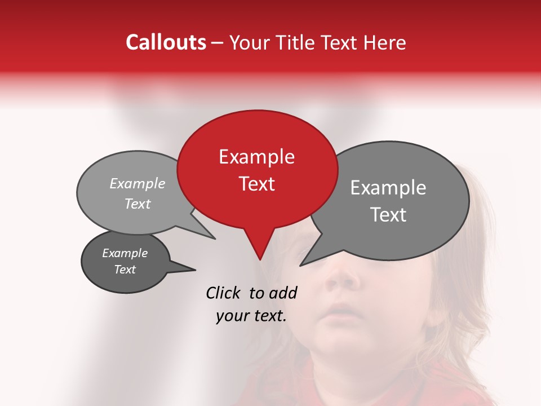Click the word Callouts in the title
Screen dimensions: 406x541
(166, 42)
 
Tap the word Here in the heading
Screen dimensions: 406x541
(385, 42)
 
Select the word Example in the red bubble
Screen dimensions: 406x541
(256, 157)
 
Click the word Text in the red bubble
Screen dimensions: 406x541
(256, 184)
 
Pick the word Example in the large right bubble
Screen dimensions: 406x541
(388, 188)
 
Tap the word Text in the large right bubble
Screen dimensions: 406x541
(388, 215)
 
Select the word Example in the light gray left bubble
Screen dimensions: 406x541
(137, 183)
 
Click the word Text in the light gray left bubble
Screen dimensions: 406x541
(137, 204)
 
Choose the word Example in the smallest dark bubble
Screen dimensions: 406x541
(125, 253)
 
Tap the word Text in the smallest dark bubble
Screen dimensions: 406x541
(125, 270)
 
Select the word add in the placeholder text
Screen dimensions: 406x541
(283, 293)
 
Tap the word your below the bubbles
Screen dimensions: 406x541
(232, 316)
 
